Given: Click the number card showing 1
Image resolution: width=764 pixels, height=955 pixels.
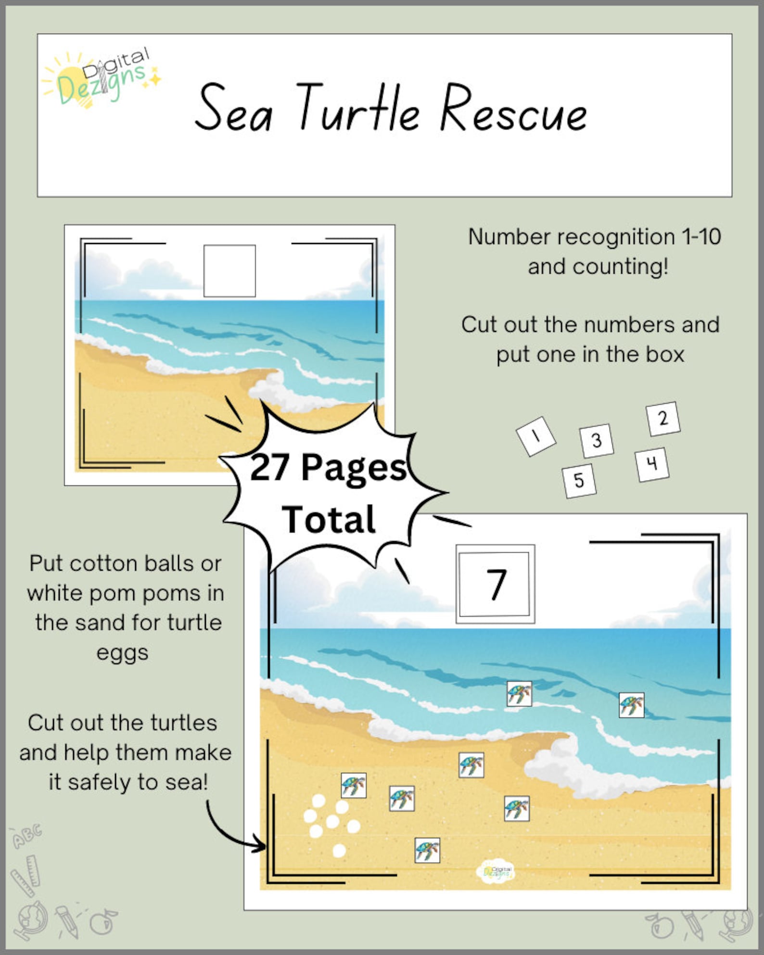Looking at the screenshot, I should [x=536, y=436].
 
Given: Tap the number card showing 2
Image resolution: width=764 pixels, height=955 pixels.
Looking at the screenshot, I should [x=663, y=419].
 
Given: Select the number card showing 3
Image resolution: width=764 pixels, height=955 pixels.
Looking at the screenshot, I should [x=597, y=440].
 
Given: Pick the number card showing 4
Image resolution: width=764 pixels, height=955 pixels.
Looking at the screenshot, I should [x=652, y=464].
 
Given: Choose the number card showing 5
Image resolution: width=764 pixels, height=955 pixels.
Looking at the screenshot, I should [x=579, y=480].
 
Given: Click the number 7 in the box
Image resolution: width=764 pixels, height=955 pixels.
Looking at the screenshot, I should [x=496, y=584].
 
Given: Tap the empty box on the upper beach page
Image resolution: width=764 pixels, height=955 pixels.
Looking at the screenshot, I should [x=229, y=271].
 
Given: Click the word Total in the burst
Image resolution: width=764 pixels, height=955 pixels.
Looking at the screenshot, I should [x=329, y=520].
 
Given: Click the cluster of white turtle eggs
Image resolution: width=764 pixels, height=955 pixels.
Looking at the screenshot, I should [x=331, y=823].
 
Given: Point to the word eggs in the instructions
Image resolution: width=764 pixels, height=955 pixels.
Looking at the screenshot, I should [x=122, y=653].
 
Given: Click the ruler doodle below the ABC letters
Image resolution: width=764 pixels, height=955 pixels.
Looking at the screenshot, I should [x=26, y=875].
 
